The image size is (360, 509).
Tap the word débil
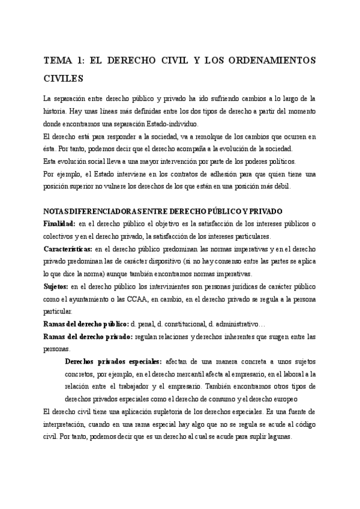coord(280,186)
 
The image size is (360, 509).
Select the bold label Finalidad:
coord(60,224)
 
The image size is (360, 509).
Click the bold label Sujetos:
coord(56,286)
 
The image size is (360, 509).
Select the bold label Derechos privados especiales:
coord(112,361)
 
